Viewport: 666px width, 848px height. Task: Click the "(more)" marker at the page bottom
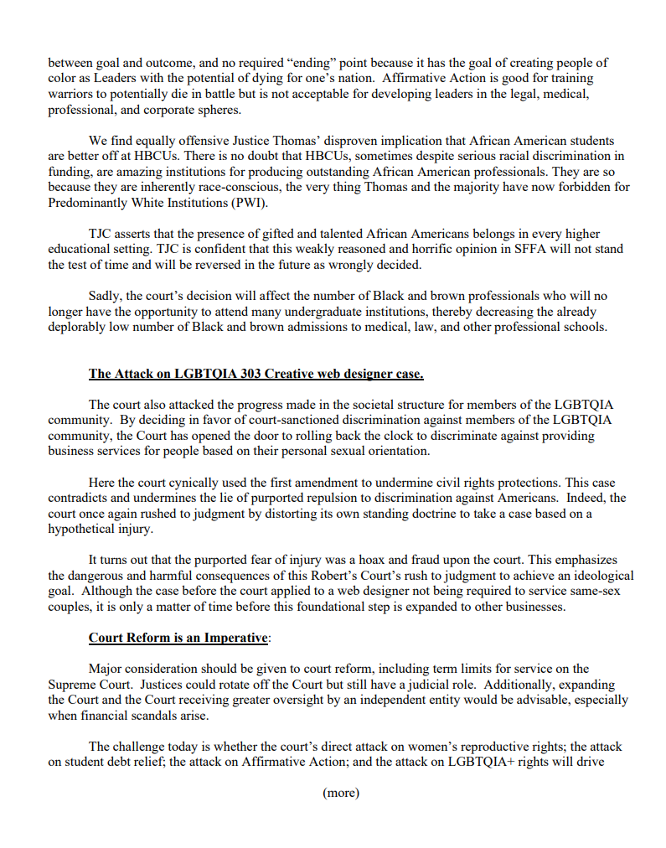[x=340, y=793]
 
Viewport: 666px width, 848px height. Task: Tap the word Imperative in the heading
[x=236, y=638]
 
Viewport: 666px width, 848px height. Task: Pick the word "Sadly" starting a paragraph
[x=106, y=296]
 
